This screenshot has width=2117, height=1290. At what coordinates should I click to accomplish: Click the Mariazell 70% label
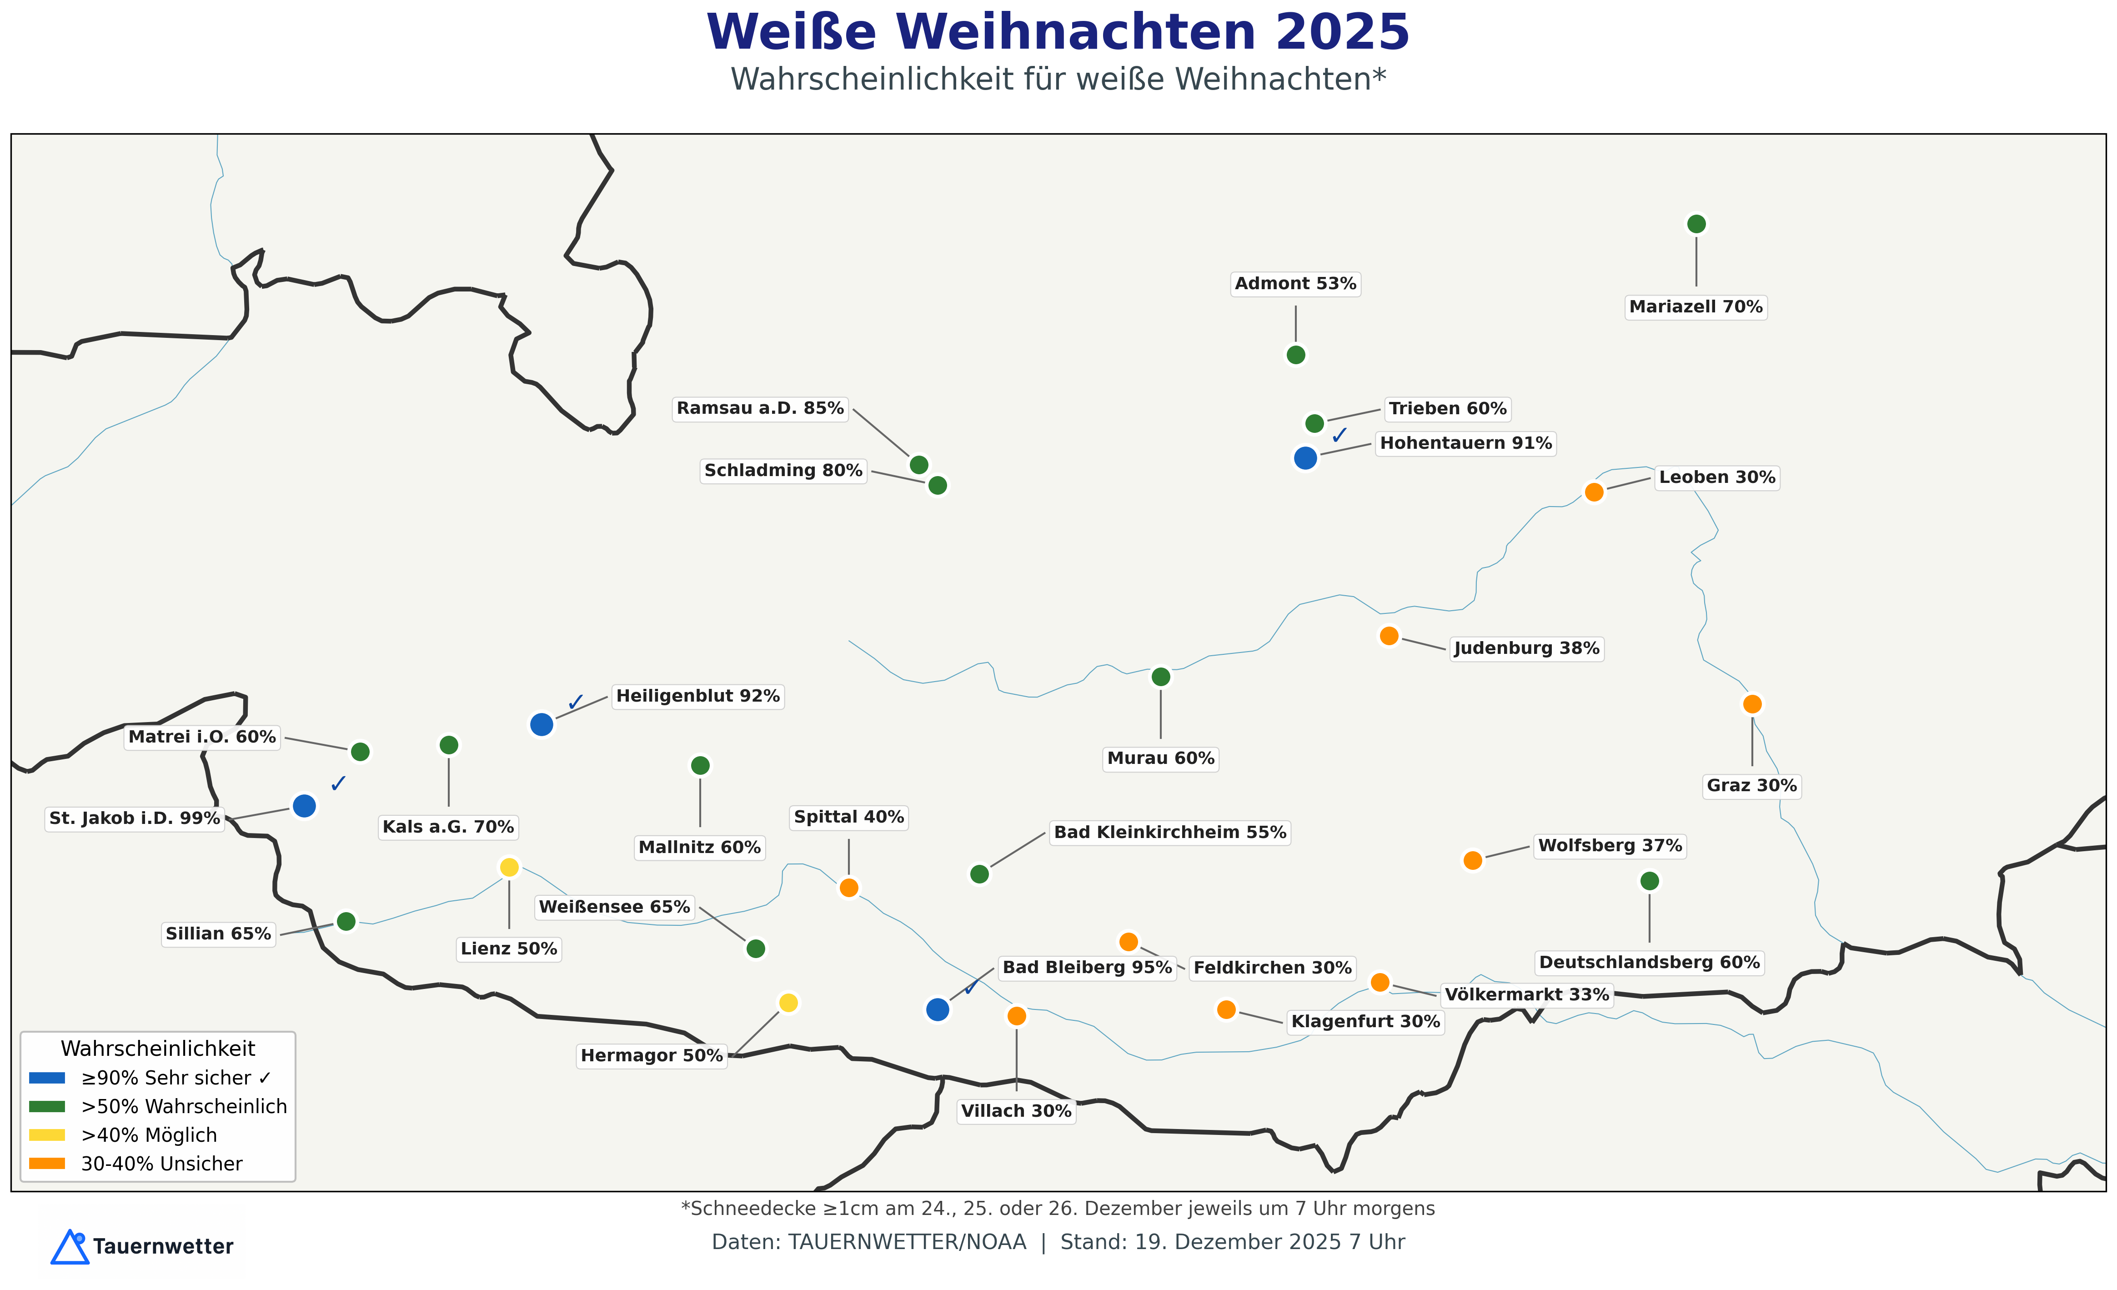pyautogui.click(x=1695, y=307)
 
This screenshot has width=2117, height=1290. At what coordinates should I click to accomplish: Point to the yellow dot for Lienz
pyautogui.click(x=509, y=867)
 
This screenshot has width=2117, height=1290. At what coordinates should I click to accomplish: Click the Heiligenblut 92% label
pyautogui.click(x=697, y=696)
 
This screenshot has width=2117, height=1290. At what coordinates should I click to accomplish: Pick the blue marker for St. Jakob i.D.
pyautogui.click(x=304, y=806)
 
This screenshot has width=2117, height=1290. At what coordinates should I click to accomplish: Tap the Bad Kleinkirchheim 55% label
pyautogui.click(x=1169, y=832)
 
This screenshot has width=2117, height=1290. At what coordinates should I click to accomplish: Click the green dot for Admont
pyautogui.click(x=1296, y=355)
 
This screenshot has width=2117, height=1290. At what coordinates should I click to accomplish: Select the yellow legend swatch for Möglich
pyautogui.click(x=47, y=1135)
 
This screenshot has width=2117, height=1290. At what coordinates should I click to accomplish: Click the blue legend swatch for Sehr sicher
pyautogui.click(x=47, y=1078)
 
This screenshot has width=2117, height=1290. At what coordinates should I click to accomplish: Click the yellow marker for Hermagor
pyautogui.click(x=788, y=1003)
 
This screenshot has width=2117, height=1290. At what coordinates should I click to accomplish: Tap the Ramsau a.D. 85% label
pyautogui.click(x=759, y=408)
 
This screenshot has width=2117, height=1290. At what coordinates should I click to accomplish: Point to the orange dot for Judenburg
pyautogui.click(x=1389, y=636)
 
